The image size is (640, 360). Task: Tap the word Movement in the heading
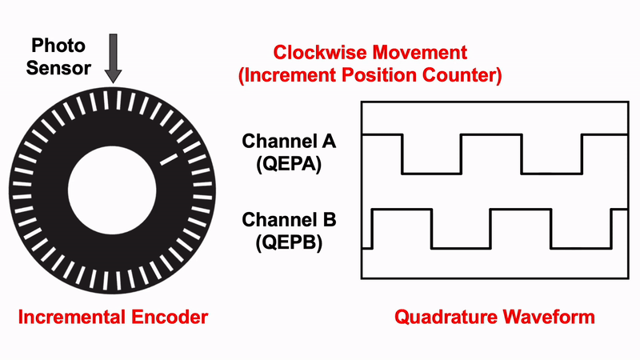(x=425, y=54)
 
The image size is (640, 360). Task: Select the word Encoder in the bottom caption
(x=168, y=317)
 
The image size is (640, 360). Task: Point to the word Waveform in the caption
(x=548, y=317)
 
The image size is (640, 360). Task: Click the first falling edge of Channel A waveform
(x=402, y=154)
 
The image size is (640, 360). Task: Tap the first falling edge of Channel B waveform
(x=432, y=229)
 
